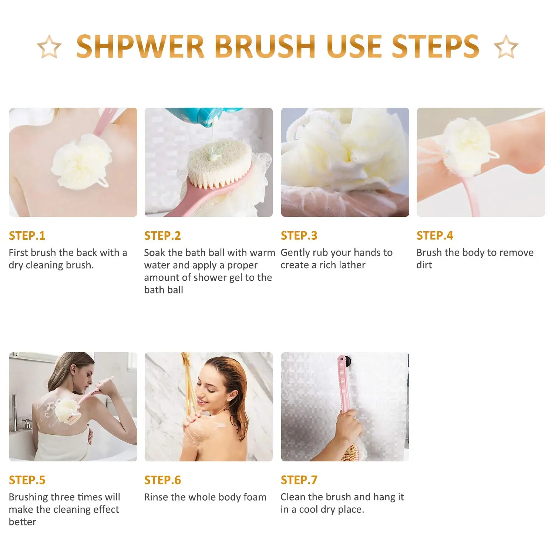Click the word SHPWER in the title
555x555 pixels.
(140, 47)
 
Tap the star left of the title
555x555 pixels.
(49, 47)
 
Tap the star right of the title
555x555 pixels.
(506, 47)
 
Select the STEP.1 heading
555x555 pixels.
(27, 236)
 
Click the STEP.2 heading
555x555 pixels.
(162, 236)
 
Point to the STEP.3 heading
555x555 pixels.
(299, 236)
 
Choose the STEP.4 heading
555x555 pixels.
(435, 236)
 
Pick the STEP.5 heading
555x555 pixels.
(27, 480)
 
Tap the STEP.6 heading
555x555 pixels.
(162, 480)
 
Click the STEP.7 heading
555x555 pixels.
(299, 480)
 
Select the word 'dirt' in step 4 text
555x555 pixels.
(424, 265)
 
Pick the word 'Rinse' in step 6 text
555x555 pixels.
(155, 497)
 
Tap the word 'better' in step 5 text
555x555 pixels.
(23, 522)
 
